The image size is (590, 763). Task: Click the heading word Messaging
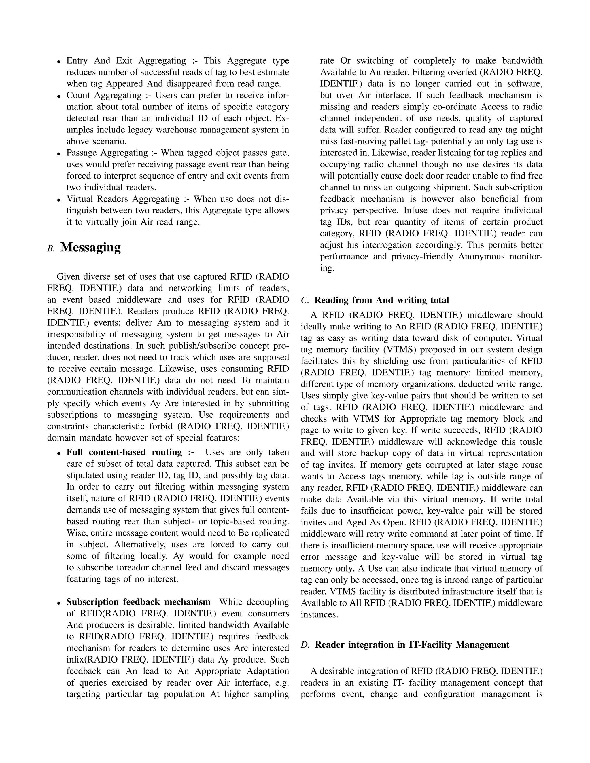90,247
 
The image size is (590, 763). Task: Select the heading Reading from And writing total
382,300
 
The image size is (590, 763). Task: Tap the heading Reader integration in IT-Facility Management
412,645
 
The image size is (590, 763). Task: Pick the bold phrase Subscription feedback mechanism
138,602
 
